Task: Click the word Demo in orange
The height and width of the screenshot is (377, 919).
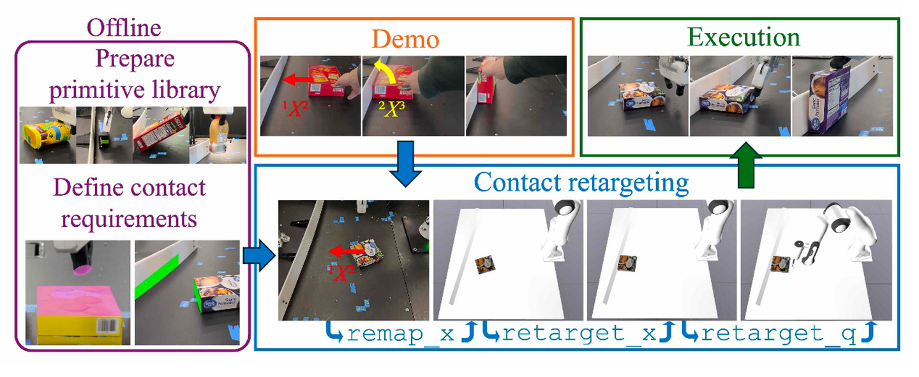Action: pyautogui.click(x=406, y=39)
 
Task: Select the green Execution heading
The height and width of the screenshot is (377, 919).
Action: pyautogui.click(x=744, y=37)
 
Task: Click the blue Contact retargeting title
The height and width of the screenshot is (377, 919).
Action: pyautogui.click(x=582, y=183)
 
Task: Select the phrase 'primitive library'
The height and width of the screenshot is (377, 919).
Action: pyautogui.click(x=135, y=90)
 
